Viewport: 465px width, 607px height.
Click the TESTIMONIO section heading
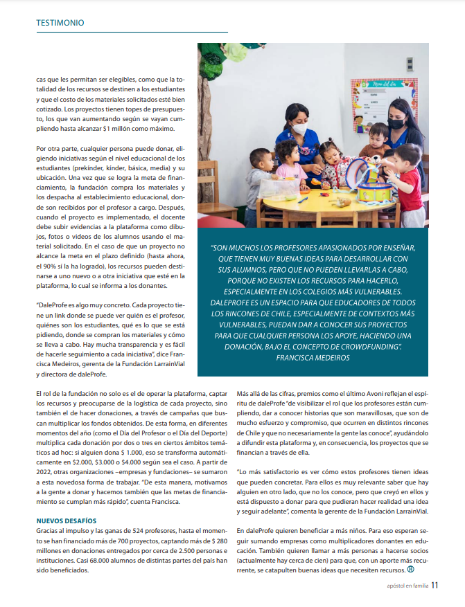60,23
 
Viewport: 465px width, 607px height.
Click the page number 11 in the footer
435,585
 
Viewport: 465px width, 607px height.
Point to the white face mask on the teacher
299,129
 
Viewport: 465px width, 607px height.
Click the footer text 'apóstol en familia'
407,586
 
